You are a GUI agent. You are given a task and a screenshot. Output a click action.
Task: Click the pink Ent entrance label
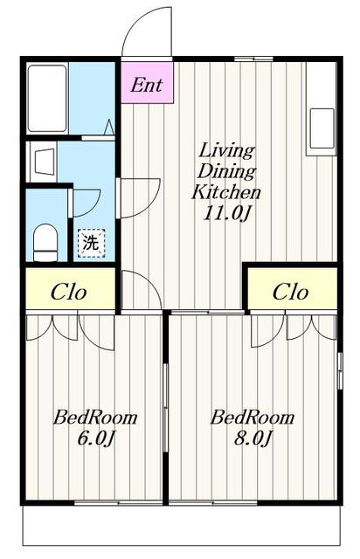147,86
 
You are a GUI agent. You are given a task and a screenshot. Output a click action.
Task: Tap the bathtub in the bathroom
47,99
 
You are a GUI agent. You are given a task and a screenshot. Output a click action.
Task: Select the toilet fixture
45,243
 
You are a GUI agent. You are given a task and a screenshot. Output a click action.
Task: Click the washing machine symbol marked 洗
92,243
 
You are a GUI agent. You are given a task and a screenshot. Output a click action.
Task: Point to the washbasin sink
45,162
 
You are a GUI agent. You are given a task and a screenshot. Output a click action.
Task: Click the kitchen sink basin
322,128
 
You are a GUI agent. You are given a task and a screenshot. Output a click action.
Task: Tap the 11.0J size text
226,213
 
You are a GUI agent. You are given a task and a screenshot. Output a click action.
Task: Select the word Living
226,151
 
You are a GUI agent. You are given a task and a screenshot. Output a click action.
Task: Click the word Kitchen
226,192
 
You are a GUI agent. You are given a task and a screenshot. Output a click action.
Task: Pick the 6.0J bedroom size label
95,438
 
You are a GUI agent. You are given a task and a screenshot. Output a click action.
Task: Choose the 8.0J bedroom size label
253,438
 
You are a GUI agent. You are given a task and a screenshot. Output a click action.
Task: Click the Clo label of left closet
69,293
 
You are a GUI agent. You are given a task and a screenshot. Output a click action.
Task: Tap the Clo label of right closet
290,293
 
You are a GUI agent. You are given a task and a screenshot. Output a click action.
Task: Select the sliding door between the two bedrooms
165,408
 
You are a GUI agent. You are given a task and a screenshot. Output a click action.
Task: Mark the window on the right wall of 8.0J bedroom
340,370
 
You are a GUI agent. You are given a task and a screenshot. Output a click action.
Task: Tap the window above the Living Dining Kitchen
253,59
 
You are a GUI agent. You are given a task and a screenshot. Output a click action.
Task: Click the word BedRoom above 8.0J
253,418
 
